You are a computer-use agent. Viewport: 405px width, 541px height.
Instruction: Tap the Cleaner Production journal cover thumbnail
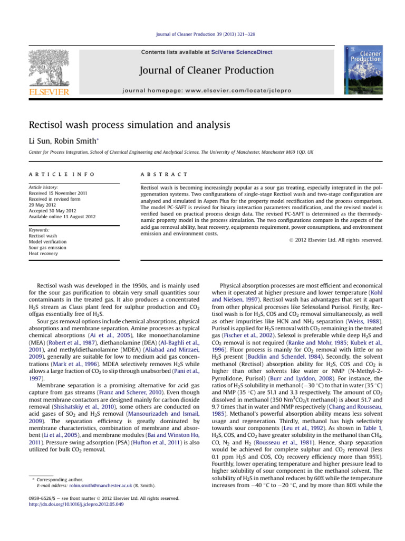tap(363, 70)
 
